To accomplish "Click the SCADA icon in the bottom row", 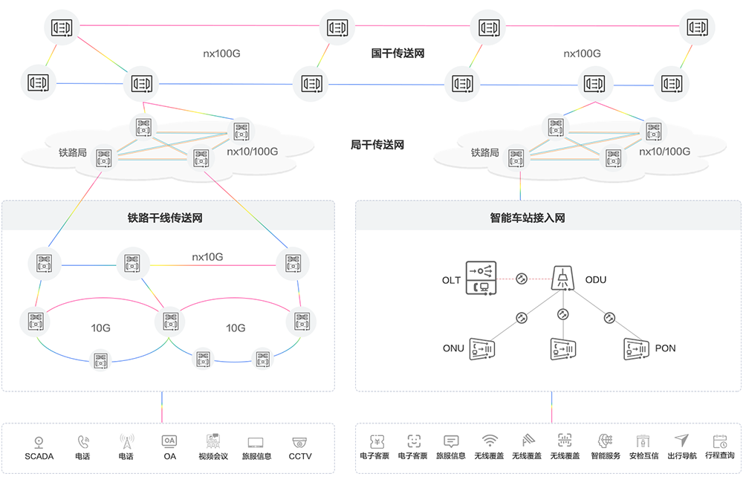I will click(39, 440).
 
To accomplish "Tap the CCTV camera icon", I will click(300, 440).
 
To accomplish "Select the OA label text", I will click(169, 456).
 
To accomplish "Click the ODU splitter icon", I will click(563, 279).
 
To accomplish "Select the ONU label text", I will click(453, 348).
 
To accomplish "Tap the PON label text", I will click(666, 348).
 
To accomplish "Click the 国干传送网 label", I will click(398, 53).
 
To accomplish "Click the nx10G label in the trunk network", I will click(208, 257).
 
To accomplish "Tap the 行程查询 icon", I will click(719, 440).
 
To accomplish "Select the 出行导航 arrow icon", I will click(681, 440).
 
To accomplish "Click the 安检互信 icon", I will click(643, 440).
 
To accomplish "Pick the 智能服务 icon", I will click(606, 440).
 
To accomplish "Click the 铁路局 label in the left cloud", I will click(73, 153).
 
